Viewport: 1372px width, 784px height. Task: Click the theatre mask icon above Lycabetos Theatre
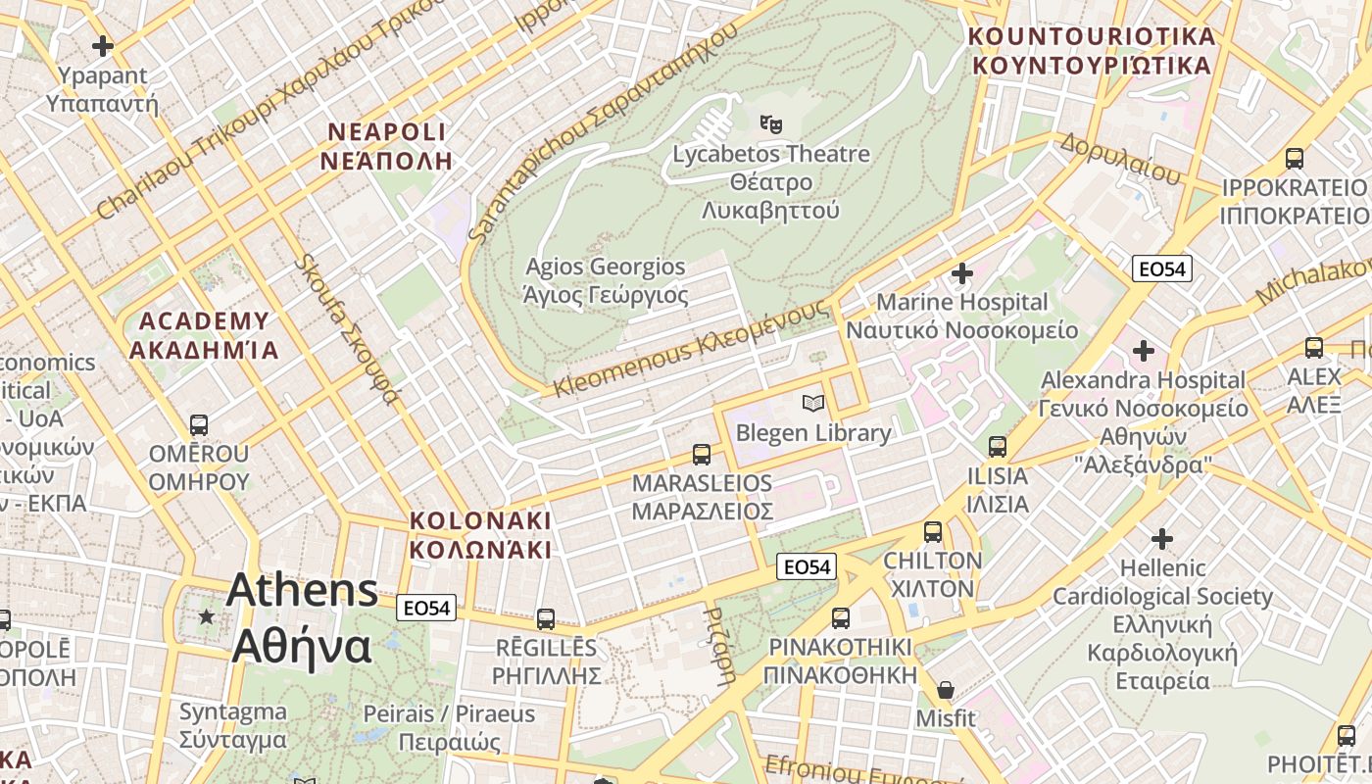[x=771, y=124]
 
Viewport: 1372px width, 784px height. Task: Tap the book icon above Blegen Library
[x=812, y=403]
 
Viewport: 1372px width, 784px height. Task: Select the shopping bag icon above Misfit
[x=945, y=690]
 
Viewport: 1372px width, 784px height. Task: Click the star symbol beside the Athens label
[x=206, y=617]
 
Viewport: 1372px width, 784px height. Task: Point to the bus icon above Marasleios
[x=702, y=454]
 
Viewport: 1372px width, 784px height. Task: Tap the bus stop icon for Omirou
[x=199, y=425]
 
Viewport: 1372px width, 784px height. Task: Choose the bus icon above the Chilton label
[x=933, y=532]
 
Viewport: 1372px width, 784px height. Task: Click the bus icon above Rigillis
[x=546, y=619]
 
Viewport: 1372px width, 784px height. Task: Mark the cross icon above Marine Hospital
[x=961, y=272]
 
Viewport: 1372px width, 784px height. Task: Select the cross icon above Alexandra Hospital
[x=1143, y=350]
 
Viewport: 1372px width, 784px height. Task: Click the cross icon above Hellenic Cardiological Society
[x=1162, y=538]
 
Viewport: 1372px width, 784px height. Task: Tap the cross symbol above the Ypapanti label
[x=102, y=46]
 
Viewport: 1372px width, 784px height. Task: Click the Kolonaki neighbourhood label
[x=480, y=535]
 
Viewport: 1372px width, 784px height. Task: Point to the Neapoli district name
[x=387, y=146]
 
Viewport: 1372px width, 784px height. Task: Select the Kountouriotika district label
[x=1091, y=51]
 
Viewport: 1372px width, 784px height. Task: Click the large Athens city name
[x=302, y=617]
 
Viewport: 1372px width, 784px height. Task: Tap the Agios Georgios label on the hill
[x=606, y=280]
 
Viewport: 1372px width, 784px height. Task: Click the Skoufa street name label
[x=348, y=329]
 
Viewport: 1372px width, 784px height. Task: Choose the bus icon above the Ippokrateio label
[x=1294, y=158]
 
